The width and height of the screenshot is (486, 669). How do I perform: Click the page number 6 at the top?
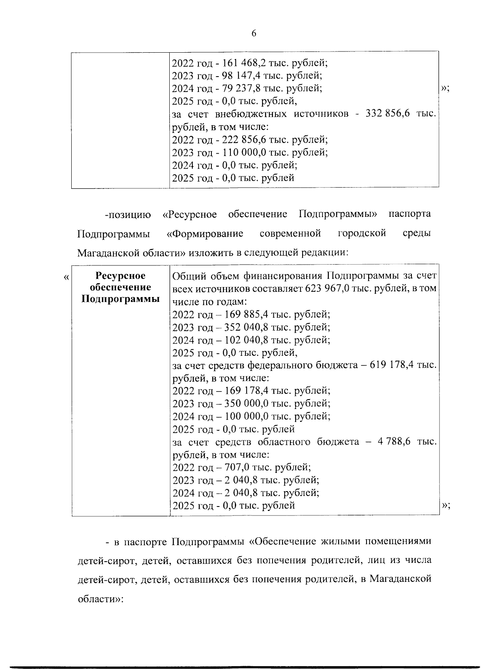254,34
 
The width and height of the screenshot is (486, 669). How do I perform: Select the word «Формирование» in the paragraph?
205,233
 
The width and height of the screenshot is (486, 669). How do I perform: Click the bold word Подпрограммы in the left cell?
120,299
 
